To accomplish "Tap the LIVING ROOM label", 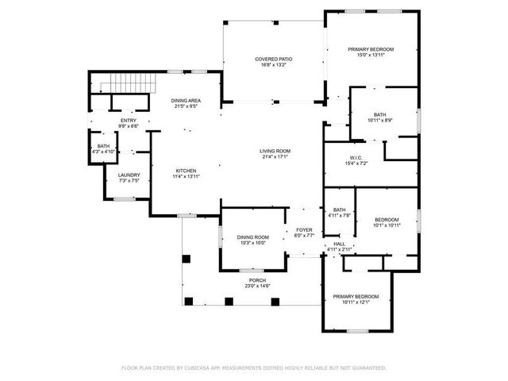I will (275, 151).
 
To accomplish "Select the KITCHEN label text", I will (186, 171).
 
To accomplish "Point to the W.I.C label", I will (354, 157).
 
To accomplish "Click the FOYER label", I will (304, 229).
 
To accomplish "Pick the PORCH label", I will (257, 280).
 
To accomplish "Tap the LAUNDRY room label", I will (129, 175).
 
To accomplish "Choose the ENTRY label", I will (129, 120).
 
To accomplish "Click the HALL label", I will (339, 244).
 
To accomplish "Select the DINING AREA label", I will (186, 101).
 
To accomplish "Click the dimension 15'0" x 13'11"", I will (371, 56).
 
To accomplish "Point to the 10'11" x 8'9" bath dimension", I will (379, 120).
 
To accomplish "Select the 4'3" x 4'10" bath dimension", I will (103, 152).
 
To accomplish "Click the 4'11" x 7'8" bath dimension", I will (339, 215).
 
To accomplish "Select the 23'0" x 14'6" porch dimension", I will (257, 286).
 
